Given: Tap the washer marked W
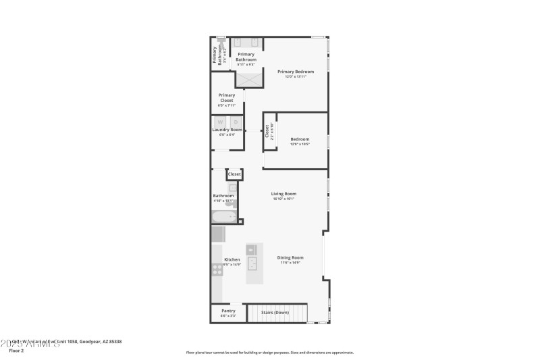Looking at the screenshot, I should [220, 122].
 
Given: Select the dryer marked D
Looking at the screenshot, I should [236, 122].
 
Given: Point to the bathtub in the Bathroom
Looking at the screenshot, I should [224, 217].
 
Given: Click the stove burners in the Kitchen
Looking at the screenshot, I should [218, 269].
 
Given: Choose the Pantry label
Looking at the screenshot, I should [228, 311].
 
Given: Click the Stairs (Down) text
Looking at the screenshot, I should [275, 313].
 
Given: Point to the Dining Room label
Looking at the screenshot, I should [290, 257].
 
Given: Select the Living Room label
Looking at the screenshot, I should [283, 194].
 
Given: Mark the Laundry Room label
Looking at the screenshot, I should [227, 130].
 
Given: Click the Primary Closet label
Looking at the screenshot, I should [226, 98].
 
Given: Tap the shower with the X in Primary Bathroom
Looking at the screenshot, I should [248, 78].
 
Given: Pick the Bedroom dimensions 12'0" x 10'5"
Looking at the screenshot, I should [300, 144].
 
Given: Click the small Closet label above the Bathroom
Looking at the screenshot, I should [234, 174].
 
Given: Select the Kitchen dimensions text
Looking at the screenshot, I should [232, 265].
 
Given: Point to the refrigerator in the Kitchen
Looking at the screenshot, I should [217, 234].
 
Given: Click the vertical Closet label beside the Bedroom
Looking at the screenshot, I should [267, 130].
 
